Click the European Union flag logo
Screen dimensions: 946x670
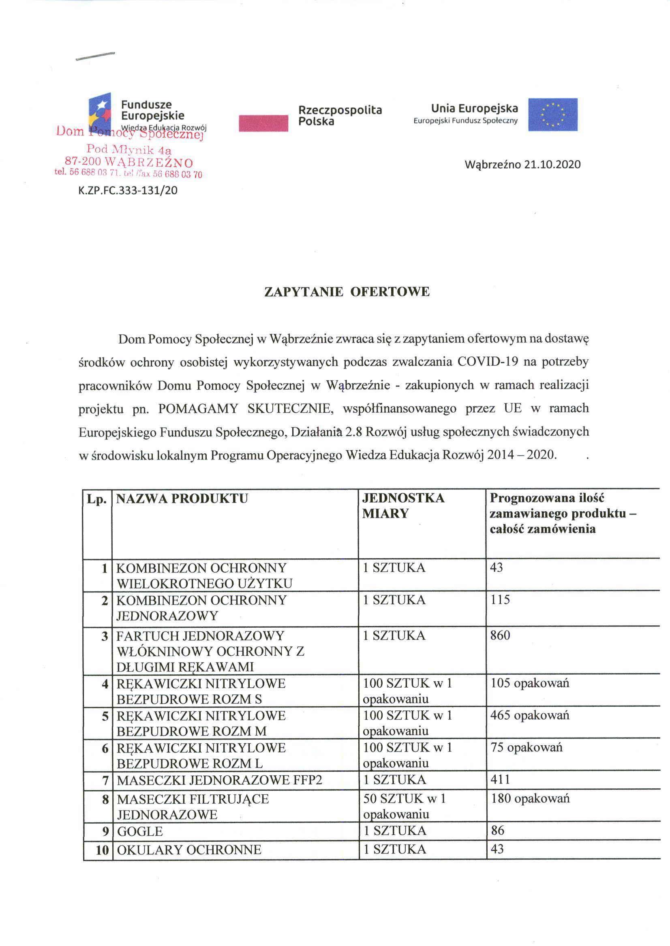(x=552, y=114)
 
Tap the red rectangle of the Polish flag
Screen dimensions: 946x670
(x=263, y=123)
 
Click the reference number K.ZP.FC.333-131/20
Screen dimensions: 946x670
(x=128, y=191)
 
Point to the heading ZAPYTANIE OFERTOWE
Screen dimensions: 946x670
(x=347, y=292)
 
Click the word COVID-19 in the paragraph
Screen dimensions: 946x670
(x=486, y=362)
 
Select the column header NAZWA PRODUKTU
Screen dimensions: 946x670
(x=182, y=499)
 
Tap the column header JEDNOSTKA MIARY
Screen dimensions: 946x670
(x=403, y=506)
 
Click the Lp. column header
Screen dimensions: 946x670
(x=96, y=499)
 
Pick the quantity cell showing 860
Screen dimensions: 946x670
(x=500, y=635)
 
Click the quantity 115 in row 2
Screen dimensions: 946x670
(x=500, y=599)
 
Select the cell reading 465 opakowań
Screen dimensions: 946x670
(x=530, y=715)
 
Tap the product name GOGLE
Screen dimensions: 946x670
(x=140, y=831)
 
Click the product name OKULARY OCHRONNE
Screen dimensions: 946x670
(x=189, y=850)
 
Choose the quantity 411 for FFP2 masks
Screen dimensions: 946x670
(x=500, y=780)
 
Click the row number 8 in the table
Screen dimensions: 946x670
(x=105, y=800)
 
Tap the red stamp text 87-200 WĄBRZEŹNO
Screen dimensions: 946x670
(x=129, y=162)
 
